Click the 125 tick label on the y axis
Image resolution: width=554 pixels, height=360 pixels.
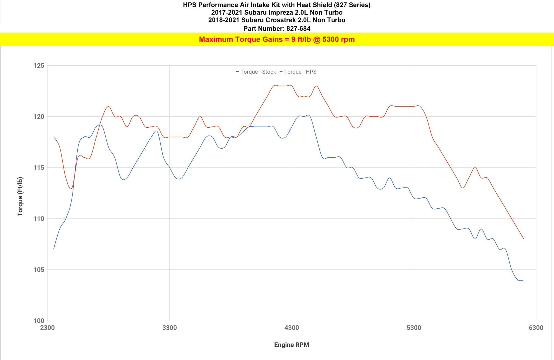click(39, 66)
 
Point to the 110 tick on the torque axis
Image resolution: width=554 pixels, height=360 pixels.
click(39, 219)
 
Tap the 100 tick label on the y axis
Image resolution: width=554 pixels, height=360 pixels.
click(39, 321)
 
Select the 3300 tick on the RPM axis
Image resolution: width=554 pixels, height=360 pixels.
click(170, 328)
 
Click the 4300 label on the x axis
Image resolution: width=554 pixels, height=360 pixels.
click(292, 328)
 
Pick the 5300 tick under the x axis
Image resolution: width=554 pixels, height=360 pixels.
click(414, 328)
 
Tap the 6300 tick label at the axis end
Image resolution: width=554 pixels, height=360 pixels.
click(536, 328)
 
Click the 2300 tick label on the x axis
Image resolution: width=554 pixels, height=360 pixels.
click(47, 328)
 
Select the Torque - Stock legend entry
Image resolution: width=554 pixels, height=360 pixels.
click(256, 72)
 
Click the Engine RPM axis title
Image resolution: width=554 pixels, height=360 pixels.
click(291, 345)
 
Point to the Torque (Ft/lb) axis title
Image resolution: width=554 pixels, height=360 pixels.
click(20, 197)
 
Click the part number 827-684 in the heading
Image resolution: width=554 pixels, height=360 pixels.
click(298, 29)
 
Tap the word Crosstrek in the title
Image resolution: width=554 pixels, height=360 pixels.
click(279, 20)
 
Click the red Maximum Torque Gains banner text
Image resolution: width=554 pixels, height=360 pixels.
click(277, 39)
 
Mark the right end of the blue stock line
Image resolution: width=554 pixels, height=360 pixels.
click(524, 280)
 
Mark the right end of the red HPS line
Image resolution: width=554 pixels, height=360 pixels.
click(524, 239)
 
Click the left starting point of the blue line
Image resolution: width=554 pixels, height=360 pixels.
click(54, 249)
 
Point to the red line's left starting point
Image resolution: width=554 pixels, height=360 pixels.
click(54, 137)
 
